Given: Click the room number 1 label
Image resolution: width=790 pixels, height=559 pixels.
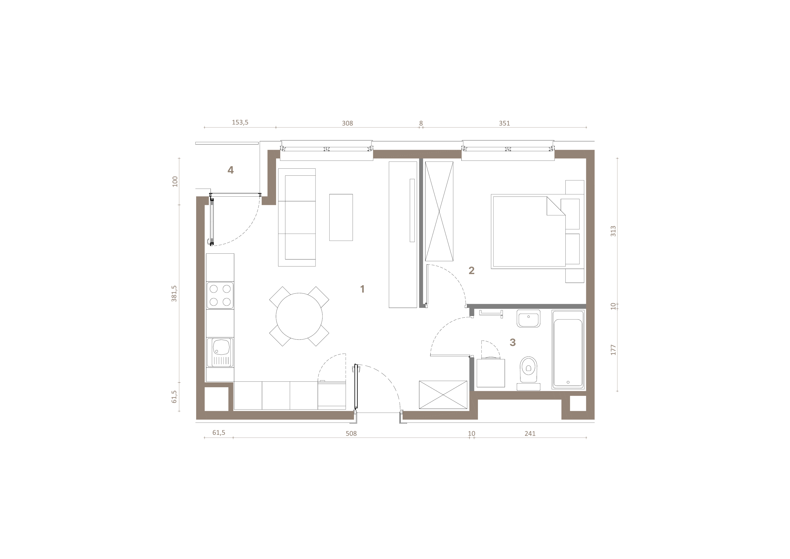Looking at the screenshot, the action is coord(362,289).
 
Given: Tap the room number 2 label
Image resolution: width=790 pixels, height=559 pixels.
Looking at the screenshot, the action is coord(471,270).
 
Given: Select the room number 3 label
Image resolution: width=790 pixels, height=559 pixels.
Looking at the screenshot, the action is coord(513,342).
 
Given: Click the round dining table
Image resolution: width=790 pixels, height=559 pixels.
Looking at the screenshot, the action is coord(299,316).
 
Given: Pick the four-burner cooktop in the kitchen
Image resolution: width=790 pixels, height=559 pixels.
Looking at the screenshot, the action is coord(220,296).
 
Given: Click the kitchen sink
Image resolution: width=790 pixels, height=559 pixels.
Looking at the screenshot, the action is coord(220,352).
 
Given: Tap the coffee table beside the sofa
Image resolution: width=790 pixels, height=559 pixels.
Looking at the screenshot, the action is coord(341,217).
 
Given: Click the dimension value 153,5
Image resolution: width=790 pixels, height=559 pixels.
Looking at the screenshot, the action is coord(240,122).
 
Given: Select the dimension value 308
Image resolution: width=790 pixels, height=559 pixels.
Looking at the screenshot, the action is coord(347,123).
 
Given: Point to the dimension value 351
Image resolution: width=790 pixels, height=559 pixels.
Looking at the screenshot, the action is coord(504,123).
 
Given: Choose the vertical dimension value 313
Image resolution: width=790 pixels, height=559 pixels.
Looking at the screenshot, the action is coord(613,231).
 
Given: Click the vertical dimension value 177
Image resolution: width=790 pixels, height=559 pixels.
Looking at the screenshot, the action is coord(613,350).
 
